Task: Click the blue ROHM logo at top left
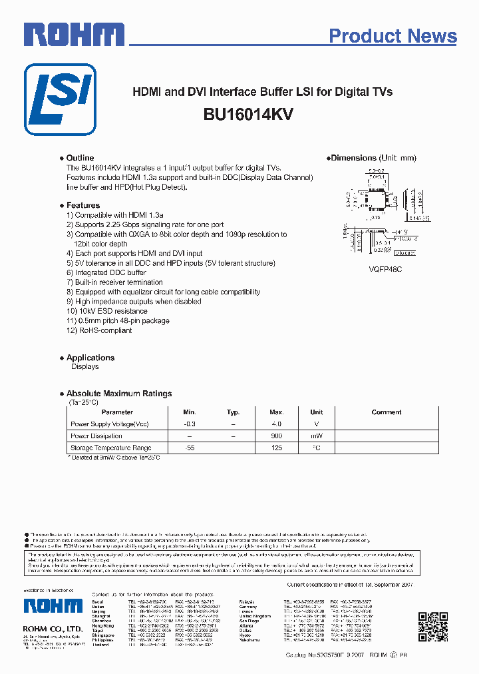74,34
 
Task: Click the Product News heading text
393,36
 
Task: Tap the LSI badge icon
60,99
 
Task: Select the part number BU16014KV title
249,114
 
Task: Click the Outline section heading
80,159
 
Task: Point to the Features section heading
82,206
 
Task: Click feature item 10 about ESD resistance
106,311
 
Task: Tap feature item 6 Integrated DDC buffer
106,273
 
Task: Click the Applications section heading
90,358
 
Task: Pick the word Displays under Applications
84,367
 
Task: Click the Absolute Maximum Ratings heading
118,394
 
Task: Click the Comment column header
387,412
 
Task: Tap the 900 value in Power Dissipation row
276,436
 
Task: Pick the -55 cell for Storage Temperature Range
190,448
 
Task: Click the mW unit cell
316,436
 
